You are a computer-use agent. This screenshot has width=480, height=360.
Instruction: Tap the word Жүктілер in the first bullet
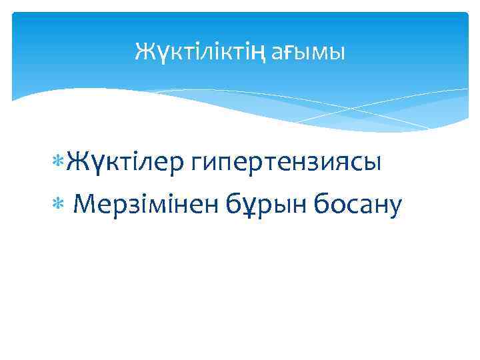point(127,162)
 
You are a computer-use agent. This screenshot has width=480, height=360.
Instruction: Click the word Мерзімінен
point(145,205)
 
